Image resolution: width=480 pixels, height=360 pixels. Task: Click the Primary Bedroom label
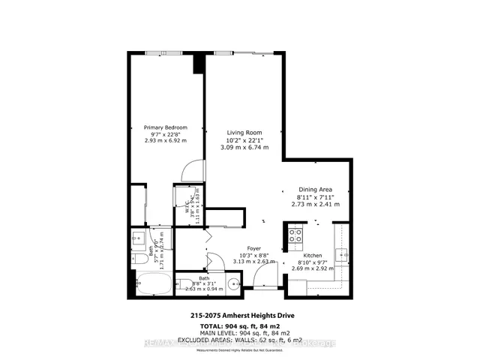click(165, 127)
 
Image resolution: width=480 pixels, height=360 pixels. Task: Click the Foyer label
click(255, 249)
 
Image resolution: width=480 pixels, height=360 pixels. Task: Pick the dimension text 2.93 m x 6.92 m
click(165, 140)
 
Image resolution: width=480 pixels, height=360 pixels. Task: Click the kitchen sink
click(342, 257)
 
